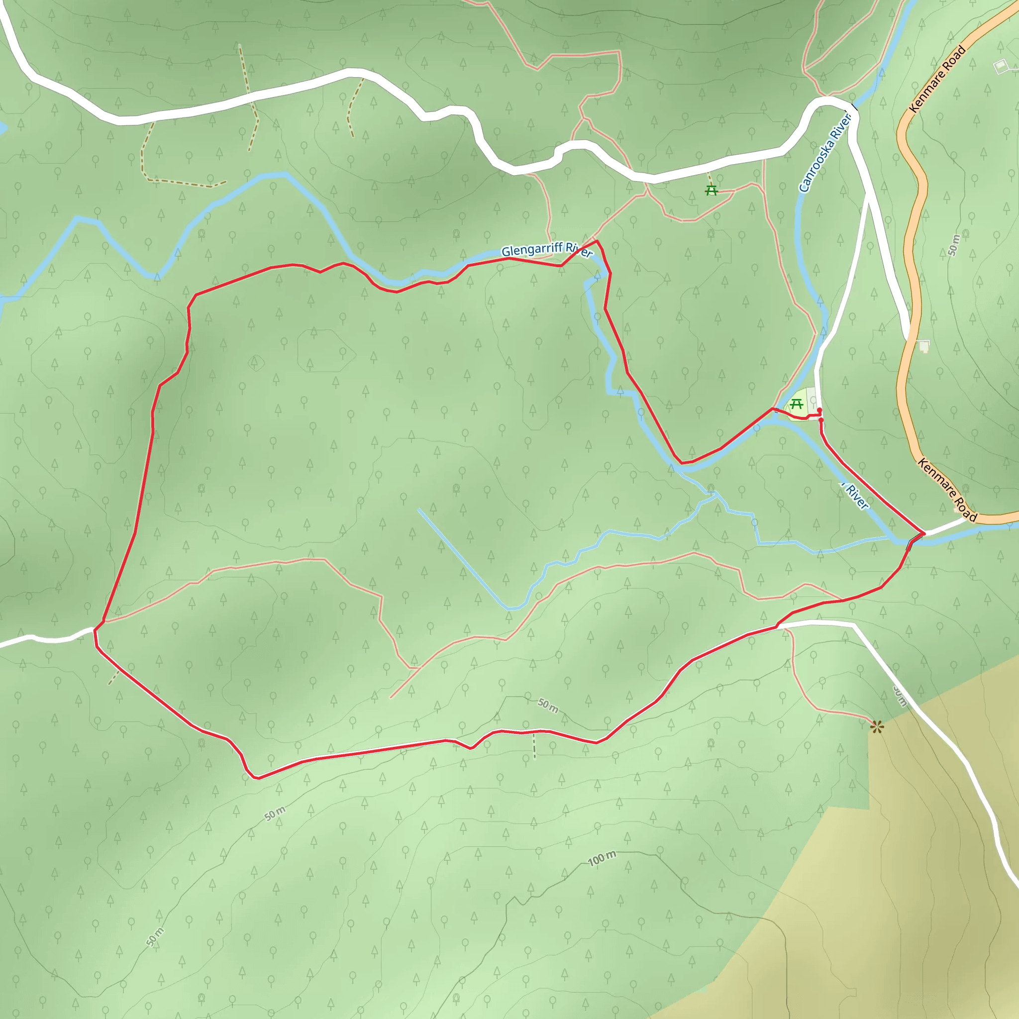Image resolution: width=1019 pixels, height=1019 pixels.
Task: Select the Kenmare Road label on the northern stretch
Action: coord(938,79)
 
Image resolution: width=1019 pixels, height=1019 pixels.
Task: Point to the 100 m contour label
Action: coord(602,859)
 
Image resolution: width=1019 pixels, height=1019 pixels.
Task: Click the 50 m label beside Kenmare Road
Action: coord(954,244)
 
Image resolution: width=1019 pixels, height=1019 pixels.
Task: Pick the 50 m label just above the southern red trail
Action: coord(548,705)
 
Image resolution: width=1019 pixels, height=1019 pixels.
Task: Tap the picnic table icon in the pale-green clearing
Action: coord(796,404)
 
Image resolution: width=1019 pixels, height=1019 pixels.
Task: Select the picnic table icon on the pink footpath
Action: coord(712,191)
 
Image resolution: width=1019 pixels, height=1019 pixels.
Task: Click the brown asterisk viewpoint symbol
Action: coord(877,728)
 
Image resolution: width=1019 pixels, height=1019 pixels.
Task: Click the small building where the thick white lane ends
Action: coord(923,346)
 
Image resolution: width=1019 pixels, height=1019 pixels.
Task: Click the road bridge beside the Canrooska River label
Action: coord(853,108)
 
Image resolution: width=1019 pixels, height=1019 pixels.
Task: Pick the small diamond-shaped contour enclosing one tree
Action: coord(256,363)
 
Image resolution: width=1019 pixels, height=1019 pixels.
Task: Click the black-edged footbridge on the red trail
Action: coord(914,542)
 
